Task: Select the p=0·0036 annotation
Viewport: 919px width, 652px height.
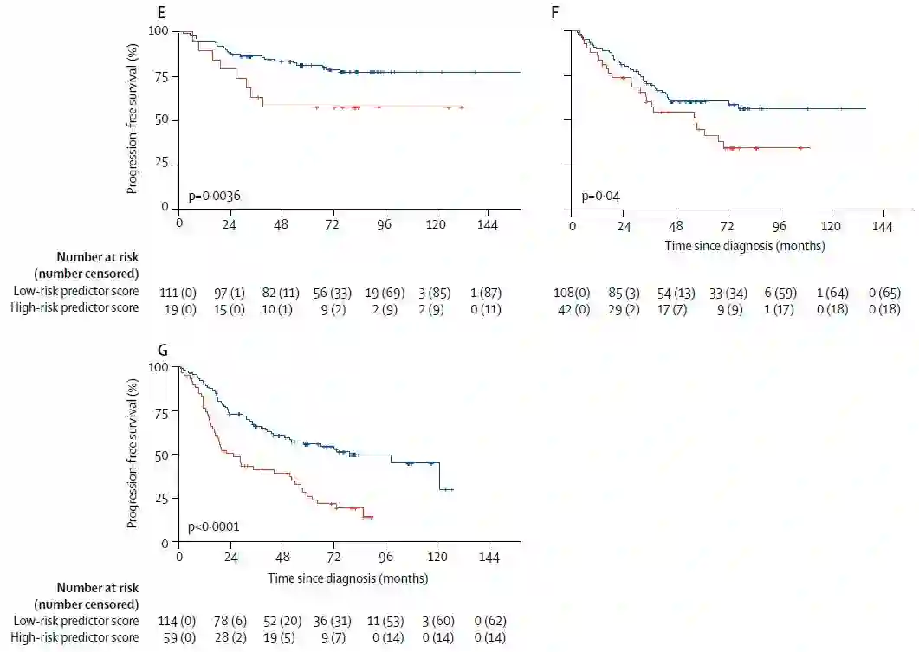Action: pyautogui.click(x=215, y=196)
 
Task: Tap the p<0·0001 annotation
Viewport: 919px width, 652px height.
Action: pyautogui.click(x=214, y=526)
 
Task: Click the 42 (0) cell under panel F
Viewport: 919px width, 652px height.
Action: pyautogui.click(x=572, y=309)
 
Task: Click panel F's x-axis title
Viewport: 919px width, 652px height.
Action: pyautogui.click(x=744, y=245)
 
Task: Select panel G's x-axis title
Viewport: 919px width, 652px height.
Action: pyautogui.click(x=347, y=578)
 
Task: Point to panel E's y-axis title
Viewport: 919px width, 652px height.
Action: pyautogui.click(x=133, y=119)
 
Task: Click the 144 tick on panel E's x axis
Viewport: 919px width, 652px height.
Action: pyautogui.click(x=487, y=223)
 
